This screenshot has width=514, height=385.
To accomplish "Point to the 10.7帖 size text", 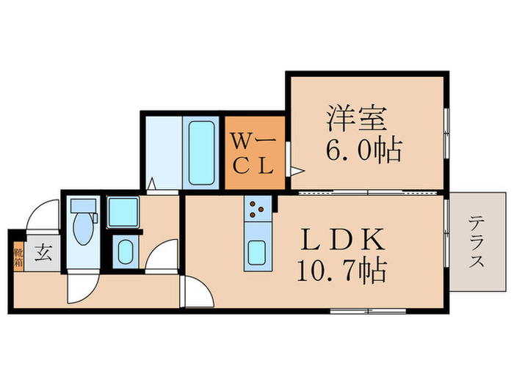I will [x=342, y=273].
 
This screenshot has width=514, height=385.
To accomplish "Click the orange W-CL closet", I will [x=254, y=152].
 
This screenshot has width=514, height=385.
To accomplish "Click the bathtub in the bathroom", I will [x=200, y=153].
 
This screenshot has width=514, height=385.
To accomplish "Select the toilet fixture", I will [x=83, y=224].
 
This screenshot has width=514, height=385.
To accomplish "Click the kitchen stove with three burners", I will [x=256, y=209].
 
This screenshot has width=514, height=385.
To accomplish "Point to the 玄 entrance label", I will [x=43, y=254].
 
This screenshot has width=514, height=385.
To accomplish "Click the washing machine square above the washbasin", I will [x=121, y=213].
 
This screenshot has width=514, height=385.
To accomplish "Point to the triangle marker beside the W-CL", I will [x=296, y=171].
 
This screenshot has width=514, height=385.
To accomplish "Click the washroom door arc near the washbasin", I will [x=162, y=257].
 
